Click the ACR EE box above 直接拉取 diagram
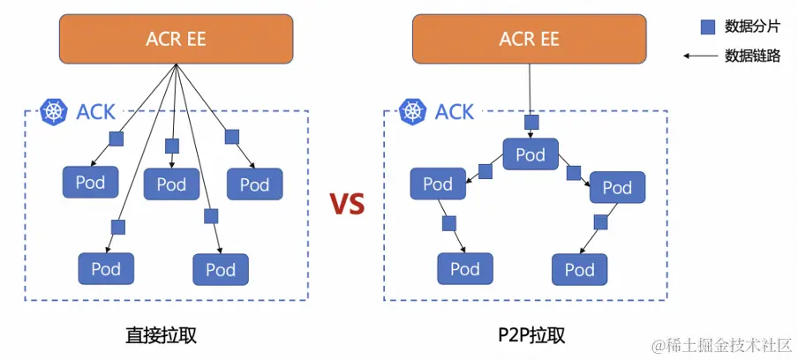pyautogui.click(x=177, y=40)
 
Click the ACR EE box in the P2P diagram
pyautogui.click(x=530, y=40)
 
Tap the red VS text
pyautogui.click(x=347, y=205)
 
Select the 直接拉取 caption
pyautogui.click(x=160, y=335)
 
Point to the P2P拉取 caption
pyautogui.click(x=531, y=335)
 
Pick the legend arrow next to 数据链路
pyautogui.click(x=699, y=56)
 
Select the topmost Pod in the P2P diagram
pyautogui.click(x=531, y=154)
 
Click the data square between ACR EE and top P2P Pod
pyautogui.click(x=531, y=122)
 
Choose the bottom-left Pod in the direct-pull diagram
pyautogui.click(x=106, y=268)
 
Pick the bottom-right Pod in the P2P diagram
pyautogui.click(x=579, y=269)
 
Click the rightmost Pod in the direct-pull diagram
pyautogui.click(x=254, y=184)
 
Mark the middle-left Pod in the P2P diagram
pyautogui.click(x=438, y=184)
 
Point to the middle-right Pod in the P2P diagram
pyautogui.click(x=617, y=187)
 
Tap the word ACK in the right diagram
pyautogui.click(x=455, y=112)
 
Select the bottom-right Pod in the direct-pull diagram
pyautogui.click(x=221, y=269)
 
